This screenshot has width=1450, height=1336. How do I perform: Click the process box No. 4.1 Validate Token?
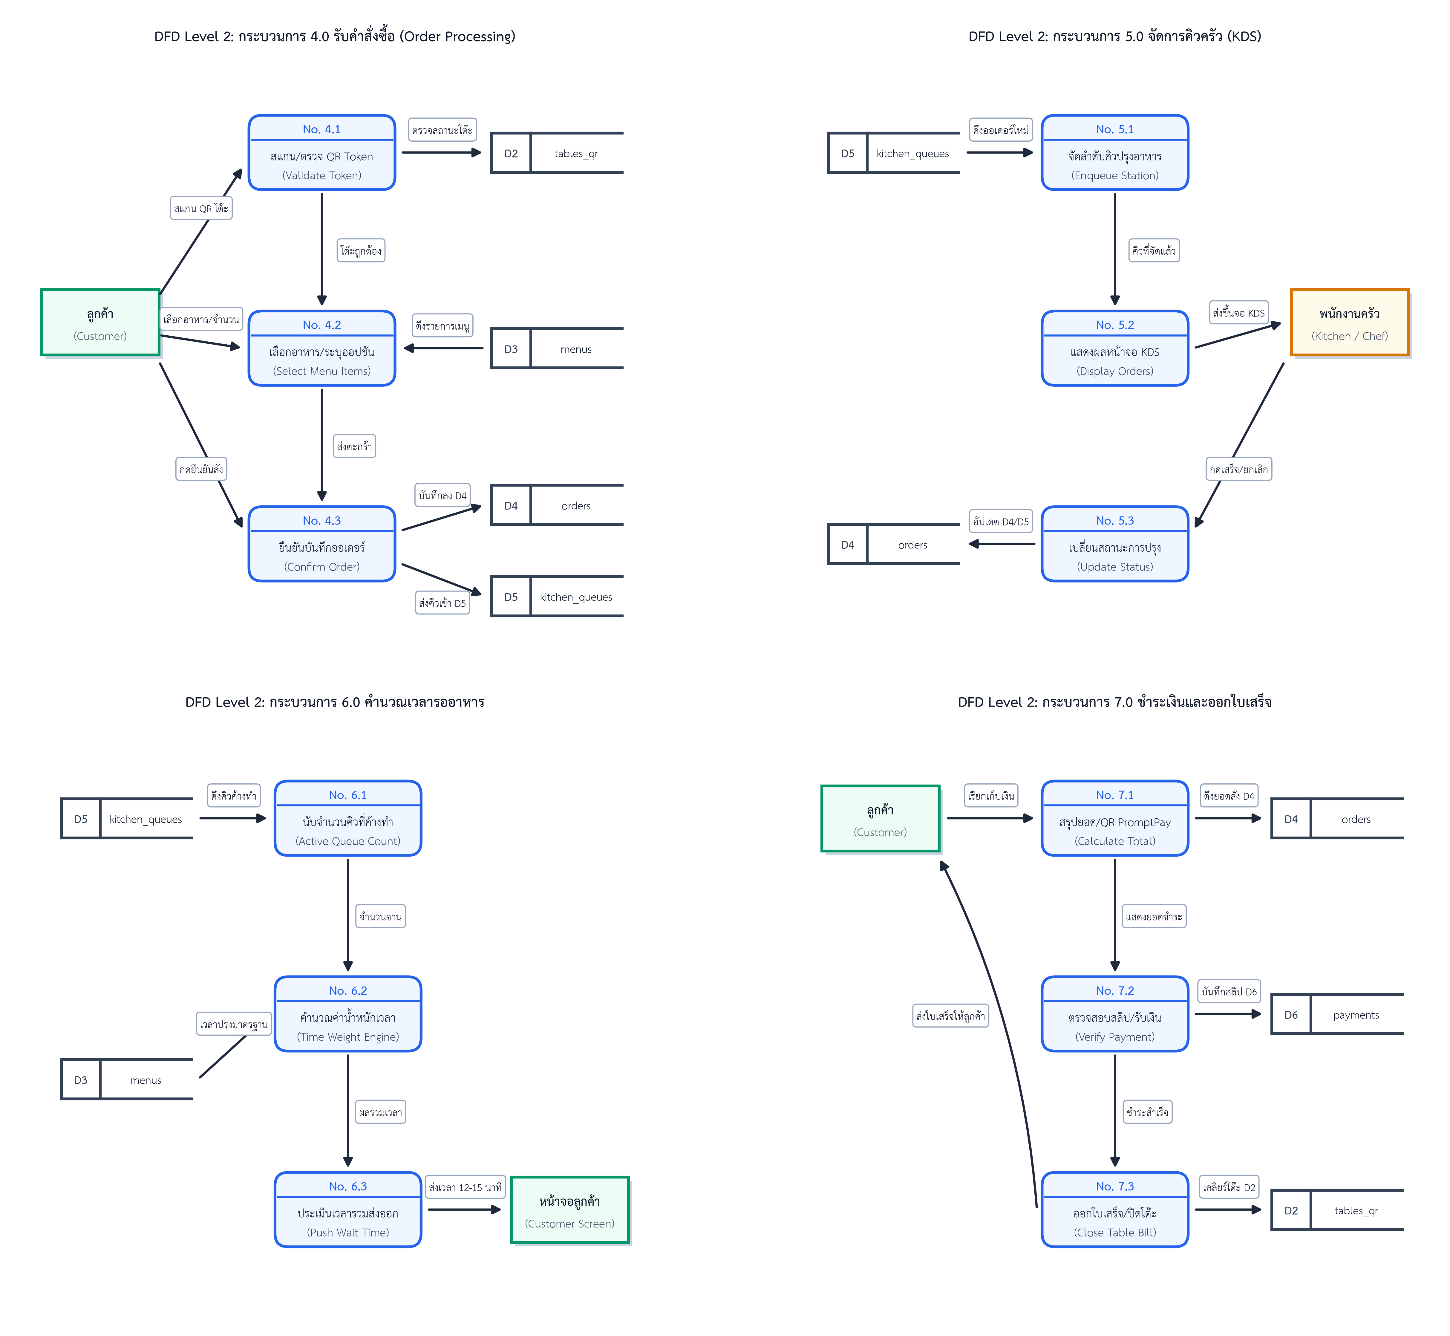tap(322, 152)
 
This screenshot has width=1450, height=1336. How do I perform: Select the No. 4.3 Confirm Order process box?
tap(322, 544)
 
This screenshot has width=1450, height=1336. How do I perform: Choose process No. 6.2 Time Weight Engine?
tap(348, 1014)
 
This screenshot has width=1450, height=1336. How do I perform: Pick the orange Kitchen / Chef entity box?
tap(1350, 322)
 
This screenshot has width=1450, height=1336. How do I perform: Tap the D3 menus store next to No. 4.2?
tap(557, 348)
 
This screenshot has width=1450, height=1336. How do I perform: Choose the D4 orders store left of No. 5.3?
tap(893, 544)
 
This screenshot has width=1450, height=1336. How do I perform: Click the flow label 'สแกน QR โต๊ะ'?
tap(201, 208)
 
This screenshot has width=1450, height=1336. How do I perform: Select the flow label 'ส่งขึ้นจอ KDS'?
tap(1239, 312)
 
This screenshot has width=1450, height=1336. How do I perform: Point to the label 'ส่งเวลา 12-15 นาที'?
tap(465, 1187)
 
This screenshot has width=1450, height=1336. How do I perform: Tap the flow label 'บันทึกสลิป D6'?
tap(1229, 991)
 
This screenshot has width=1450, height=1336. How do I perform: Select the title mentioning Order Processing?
tap(335, 36)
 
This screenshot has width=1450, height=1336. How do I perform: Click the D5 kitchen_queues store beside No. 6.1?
tap(126, 818)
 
